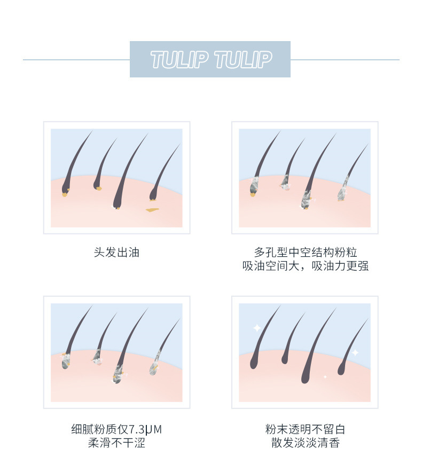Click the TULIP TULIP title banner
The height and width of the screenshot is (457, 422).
210,59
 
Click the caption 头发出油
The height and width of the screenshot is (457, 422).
116,253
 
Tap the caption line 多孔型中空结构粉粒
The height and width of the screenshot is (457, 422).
306,253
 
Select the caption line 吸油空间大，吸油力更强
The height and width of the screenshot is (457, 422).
306,266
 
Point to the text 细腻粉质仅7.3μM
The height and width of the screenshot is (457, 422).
116,430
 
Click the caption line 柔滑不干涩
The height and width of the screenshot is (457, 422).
116,443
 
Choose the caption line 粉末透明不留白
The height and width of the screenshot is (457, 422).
306,430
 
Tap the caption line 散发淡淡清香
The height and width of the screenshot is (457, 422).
306,443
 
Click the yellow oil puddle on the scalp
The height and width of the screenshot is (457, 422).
152,210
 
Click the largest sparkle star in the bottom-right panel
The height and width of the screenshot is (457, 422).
257,328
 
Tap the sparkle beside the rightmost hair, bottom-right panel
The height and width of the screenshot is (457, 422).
355,353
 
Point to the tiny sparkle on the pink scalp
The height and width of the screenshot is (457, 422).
325,377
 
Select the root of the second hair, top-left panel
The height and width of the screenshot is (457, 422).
97,186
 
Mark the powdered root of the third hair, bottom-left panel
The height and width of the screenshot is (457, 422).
118,375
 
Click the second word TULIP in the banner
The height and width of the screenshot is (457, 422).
243,59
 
